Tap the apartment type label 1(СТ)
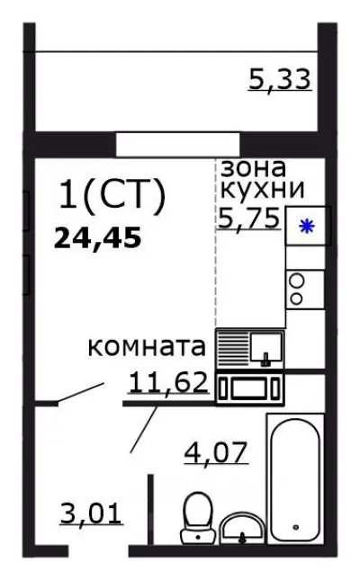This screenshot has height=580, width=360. point(112,196)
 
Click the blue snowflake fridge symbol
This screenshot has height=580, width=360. point(307,227)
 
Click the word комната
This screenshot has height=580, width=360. point(148,347)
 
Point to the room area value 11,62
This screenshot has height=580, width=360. point(168,384)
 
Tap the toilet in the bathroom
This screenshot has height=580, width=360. point(195,518)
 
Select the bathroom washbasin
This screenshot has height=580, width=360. point(240,528)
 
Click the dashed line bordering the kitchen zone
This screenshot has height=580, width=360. point(215,270)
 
